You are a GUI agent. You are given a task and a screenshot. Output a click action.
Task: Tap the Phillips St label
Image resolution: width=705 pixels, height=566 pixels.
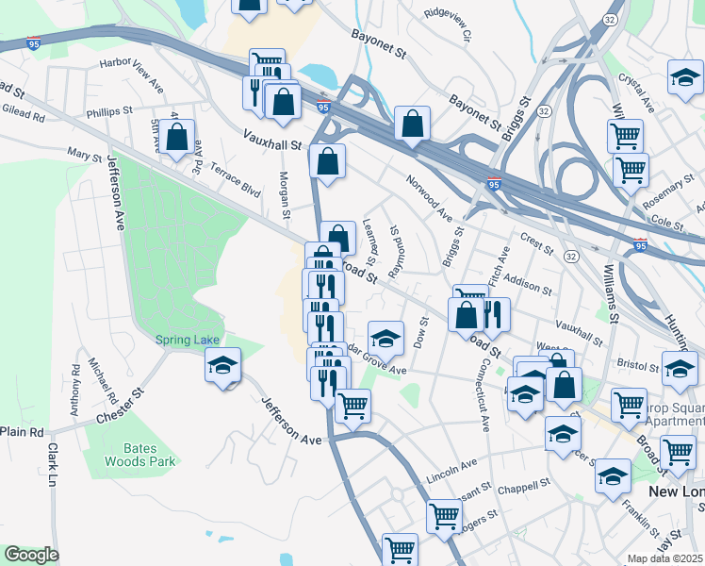(108, 111)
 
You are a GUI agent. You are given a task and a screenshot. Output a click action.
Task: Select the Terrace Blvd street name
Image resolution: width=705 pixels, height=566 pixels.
(235, 176)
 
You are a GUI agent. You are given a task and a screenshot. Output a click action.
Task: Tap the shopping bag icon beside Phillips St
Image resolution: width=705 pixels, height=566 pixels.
(177, 136)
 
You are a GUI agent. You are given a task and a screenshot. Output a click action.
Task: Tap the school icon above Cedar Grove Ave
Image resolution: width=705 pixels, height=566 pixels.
(385, 338)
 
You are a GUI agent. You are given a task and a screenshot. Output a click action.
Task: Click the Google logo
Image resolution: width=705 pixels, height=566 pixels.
(31, 555)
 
